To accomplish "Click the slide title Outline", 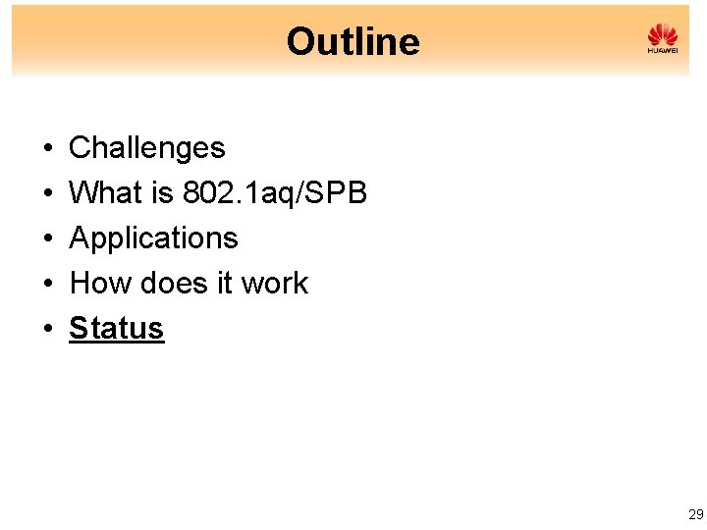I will [x=353, y=41].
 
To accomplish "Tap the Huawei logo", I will [x=663, y=38].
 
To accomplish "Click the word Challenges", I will [x=146, y=148].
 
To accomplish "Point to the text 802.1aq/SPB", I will [x=275, y=193].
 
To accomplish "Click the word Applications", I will [x=153, y=238].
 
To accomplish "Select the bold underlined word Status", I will [x=116, y=329].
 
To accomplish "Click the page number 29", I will [x=695, y=514].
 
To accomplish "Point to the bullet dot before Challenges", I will [x=47, y=149].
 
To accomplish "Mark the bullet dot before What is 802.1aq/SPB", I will [x=47, y=194].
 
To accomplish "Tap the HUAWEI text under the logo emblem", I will [x=663, y=50].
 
